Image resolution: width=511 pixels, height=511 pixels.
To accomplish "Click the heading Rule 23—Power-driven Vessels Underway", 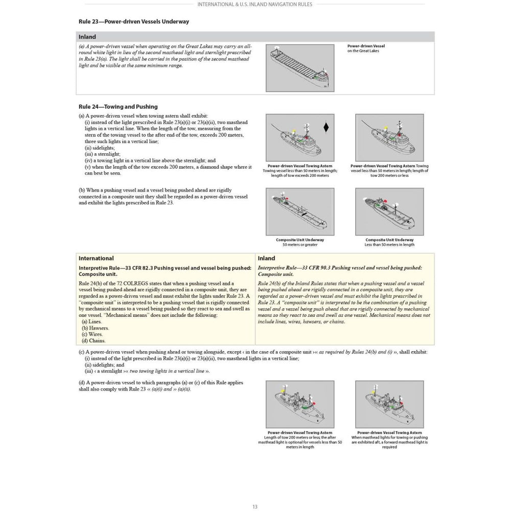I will pyautogui.click(x=133, y=22).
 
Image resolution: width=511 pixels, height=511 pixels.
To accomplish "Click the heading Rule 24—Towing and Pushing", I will pyautogui.click(x=118, y=107).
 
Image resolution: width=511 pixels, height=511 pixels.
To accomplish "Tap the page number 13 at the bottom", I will pyautogui.click(x=255, y=506).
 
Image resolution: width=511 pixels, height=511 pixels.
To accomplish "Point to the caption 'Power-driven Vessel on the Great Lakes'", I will pyautogui.click(x=366, y=48).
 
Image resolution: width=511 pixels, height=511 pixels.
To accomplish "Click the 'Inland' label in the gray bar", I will pyautogui.click(x=87, y=37).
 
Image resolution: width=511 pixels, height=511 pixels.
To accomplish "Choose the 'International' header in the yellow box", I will pyautogui.click(x=96, y=259).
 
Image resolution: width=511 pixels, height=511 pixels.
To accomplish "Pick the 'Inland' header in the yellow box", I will pyautogui.click(x=266, y=259).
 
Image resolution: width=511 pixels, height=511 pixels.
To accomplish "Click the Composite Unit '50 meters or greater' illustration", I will pyautogui.click(x=299, y=212).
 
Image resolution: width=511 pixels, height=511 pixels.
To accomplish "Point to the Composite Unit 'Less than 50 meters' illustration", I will pyautogui.click(x=389, y=212).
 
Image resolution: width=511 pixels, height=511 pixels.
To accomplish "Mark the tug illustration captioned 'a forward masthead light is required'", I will pyautogui.click(x=389, y=404).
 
